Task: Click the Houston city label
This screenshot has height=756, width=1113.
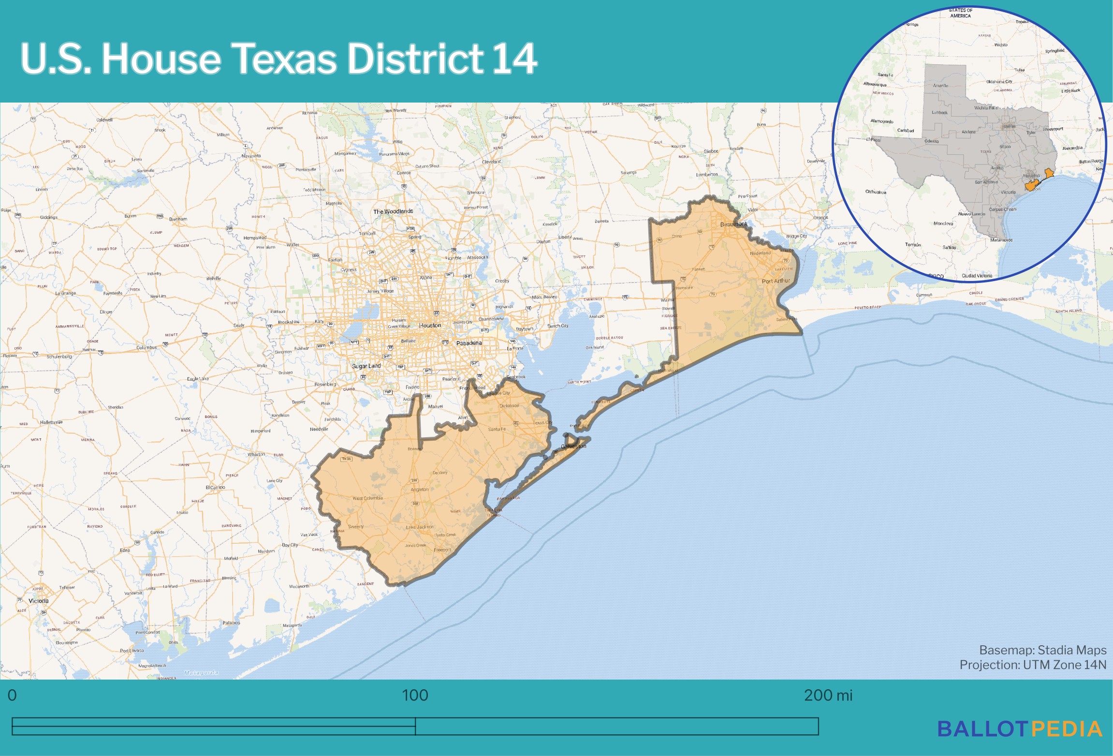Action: [430, 326]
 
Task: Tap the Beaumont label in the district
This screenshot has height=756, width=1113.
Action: [733, 224]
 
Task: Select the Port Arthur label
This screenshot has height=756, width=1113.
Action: [776, 281]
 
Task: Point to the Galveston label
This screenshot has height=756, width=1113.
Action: [573, 446]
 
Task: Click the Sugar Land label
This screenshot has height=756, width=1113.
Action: [366, 366]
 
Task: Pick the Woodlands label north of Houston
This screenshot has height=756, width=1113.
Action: [393, 211]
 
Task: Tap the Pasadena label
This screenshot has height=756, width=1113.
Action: [469, 343]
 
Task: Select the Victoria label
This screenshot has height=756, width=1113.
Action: [39, 601]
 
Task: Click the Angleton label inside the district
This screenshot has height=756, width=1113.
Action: [419, 489]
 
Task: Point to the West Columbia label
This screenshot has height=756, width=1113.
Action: [367, 498]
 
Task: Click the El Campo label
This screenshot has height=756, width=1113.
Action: [215, 488]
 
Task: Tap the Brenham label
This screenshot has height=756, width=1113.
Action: [178, 219]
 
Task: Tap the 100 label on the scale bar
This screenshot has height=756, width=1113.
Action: [415, 696]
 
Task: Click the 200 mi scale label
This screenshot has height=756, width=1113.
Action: [828, 696]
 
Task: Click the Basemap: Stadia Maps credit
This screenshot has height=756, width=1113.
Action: [1042, 650]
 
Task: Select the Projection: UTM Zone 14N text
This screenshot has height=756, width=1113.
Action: [1032, 665]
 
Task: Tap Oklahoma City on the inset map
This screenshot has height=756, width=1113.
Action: [999, 82]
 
